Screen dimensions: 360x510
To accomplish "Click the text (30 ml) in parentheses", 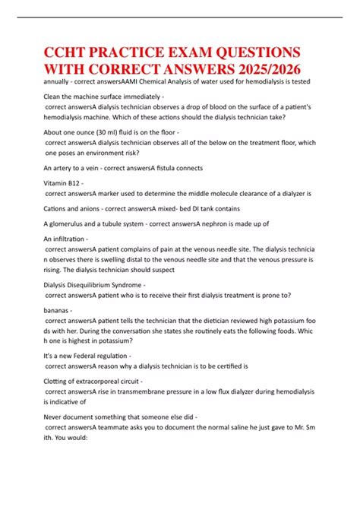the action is (x=118, y=132).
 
